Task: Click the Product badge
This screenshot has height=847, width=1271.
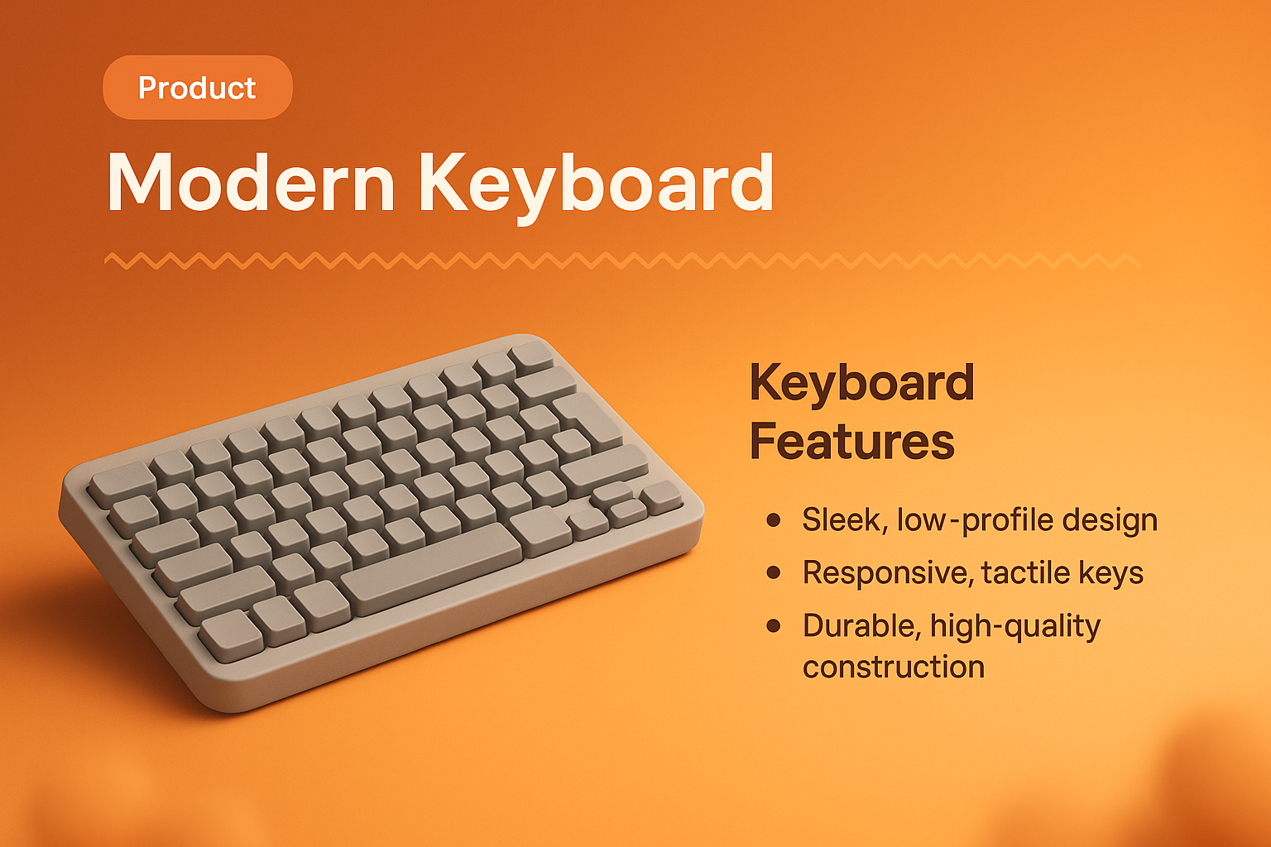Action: point(197,88)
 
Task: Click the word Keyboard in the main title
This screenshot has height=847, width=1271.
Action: point(596,184)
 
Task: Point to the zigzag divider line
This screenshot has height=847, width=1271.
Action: point(621,261)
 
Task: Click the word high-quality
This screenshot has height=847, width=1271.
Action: point(1015,627)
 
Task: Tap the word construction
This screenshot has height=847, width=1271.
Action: point(894,667)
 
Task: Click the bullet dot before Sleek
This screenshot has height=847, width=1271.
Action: point(774,519)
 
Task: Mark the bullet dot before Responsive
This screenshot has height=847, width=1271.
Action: point(774,572)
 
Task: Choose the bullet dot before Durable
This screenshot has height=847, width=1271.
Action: point(774,625)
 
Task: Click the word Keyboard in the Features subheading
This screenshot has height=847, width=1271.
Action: point(862,383)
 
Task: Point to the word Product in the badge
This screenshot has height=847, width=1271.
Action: point(197,88)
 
